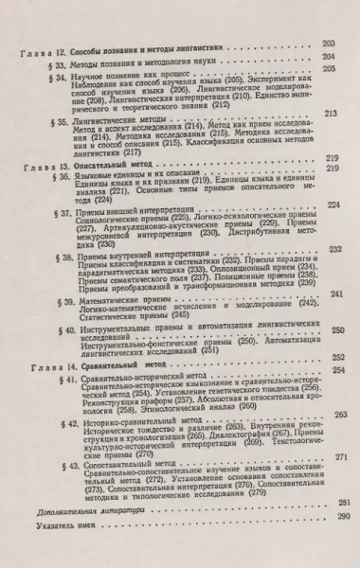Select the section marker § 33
click(60, 61)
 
